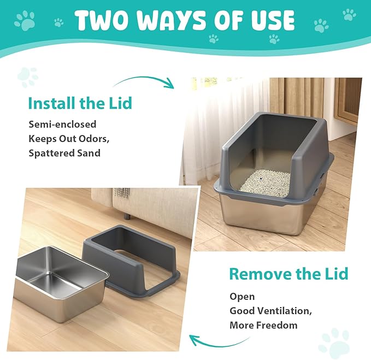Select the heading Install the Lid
pyautogui.click(x=79, y=103)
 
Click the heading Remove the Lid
pyautogui.click(x=288, y=273)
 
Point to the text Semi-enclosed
pyautogui.click(x=62, y=125)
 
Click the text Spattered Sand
pyautogui.click(x=64, y=153)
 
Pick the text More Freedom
pyautogui.click(x=263, y=325)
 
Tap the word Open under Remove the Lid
pyautogui.click(x=242, y=297)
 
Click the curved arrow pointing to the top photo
pyautogui.click(x=145, y=81)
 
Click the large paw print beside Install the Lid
pyautogui.click(x=27, y=76)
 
